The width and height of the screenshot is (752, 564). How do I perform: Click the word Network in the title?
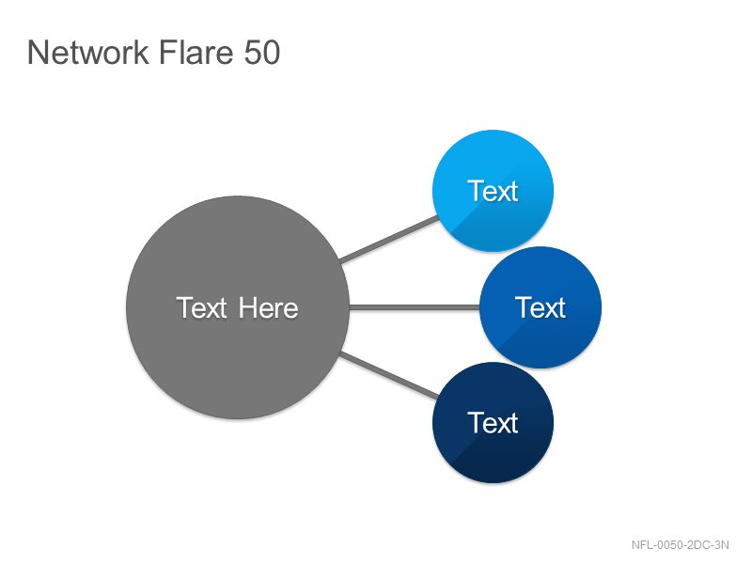coord(88,53)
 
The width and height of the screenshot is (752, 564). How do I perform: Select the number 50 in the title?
coord(262,53)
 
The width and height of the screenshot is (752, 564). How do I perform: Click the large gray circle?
coord(238,307)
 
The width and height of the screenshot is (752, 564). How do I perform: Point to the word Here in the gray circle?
coord(269,308)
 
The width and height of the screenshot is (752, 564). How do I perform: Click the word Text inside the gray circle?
coord(201,308)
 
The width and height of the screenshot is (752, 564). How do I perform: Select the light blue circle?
coord(493,191)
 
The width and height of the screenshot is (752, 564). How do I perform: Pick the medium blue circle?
coord(540,307)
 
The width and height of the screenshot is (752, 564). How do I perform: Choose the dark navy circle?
coord(493,422)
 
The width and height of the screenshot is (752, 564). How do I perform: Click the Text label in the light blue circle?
coord(493,191)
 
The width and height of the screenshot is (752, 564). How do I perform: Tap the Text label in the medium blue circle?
coord(540,307)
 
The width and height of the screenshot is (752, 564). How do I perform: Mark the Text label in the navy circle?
coord(493,423)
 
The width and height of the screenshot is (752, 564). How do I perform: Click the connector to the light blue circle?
coord(389,239)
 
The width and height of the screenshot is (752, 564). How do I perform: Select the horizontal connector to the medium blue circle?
coord(415,307)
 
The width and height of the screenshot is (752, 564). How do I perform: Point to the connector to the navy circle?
coord(389,375)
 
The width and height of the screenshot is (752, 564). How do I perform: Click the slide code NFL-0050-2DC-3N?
coord(680,545)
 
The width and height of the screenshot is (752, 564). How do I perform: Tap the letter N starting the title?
coord(39,53)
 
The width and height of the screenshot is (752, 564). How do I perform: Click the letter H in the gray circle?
coord(248,307)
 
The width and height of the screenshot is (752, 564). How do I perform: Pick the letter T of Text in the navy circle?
coord(476,422)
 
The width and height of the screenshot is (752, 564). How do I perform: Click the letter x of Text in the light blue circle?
coord(504,193)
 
